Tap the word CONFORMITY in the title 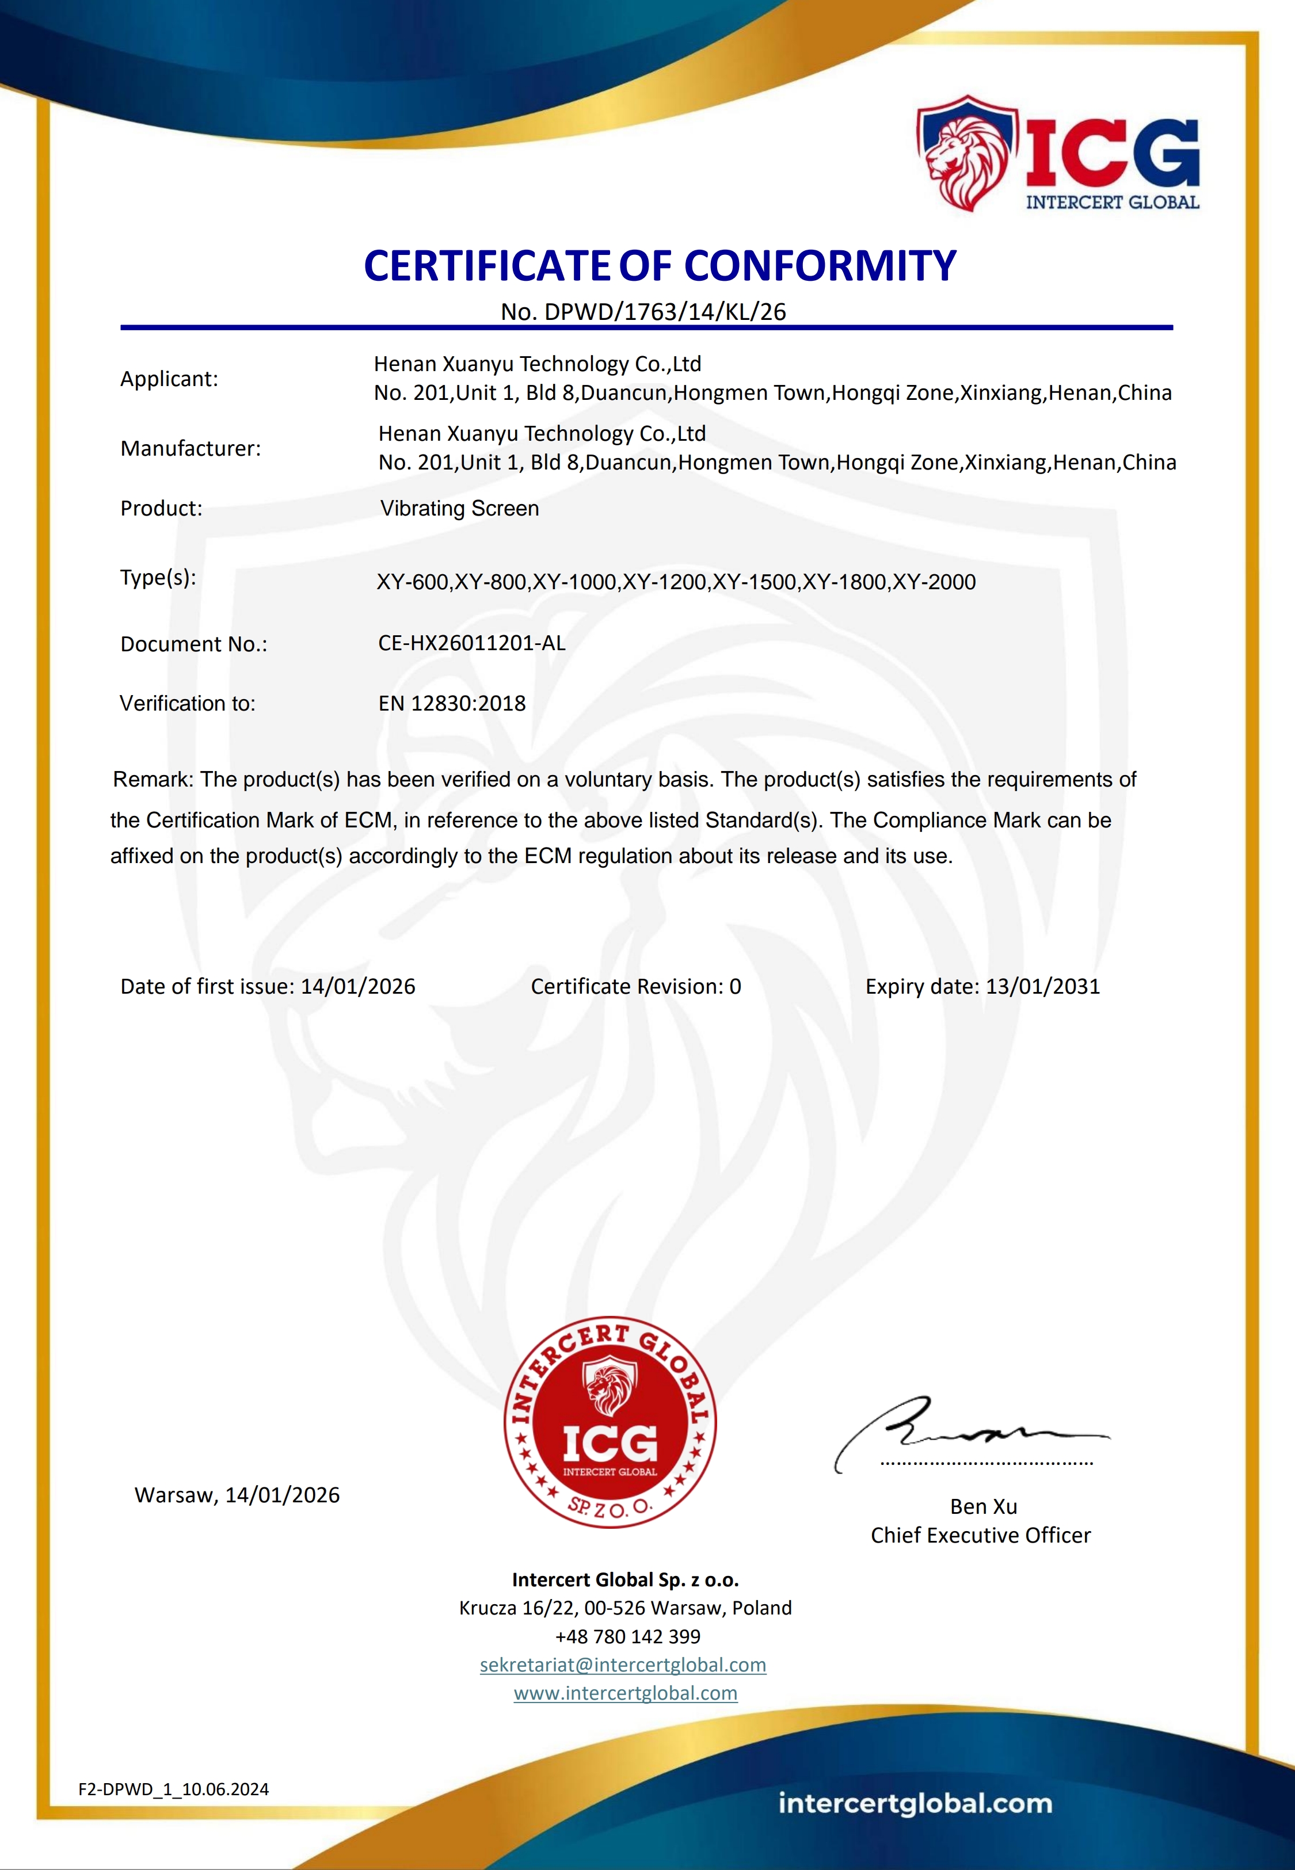820,266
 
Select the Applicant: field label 169,379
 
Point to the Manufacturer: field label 191,448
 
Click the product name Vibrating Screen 459,509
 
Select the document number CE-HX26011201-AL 471,643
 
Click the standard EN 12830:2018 452,703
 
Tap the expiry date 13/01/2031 1043,986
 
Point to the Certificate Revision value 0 735,986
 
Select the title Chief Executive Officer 980,1535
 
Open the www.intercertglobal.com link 626,1693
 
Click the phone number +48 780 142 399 628,1636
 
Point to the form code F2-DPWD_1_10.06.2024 174,1789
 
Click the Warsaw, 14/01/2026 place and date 237,1494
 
